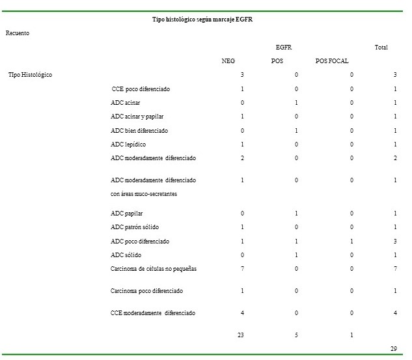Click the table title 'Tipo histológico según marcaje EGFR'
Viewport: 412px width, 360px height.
pos(202,20)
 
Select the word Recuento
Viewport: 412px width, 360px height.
pos(18,33)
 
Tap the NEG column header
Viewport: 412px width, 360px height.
pos(228,61)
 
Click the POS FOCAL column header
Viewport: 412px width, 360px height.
pos(332,61)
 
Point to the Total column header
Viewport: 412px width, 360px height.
pos(381,48)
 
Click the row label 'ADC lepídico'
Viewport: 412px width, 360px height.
pos(128,144)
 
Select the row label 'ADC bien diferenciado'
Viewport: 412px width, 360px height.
pos(139,130)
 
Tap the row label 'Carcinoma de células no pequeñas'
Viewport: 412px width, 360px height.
pos(154,269)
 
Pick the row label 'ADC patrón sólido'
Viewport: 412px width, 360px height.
pos(135,227)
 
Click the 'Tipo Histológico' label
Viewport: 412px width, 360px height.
pos(30,75)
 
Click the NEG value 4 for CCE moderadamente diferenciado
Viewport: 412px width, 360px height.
pos(242,313)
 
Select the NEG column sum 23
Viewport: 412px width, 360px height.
pos(240,335)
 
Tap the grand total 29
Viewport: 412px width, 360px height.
pos(394,349)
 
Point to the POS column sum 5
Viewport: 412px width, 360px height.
pos(296,335)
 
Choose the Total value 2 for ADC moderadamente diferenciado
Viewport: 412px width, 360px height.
pos(395,158)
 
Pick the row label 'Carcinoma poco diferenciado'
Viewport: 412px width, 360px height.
pos(146,291)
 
